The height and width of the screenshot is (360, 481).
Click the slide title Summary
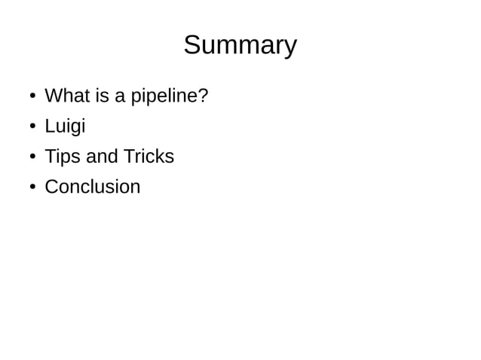(x=240, y=46)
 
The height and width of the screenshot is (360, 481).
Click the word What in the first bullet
(x=63, y=96)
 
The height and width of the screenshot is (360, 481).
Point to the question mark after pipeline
(x=203, y=96)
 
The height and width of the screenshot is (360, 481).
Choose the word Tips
(x=63, y=157)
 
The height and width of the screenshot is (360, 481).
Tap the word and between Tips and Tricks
(x=103, y=157)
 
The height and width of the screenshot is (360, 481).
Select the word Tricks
(x=149, y=157)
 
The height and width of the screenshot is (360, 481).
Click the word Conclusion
(x=93, y=187)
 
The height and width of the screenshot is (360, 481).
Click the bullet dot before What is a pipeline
(x=32, y=97)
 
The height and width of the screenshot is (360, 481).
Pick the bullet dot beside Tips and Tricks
(x=32, y=157)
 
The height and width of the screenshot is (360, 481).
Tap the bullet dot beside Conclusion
(x=32, y=188)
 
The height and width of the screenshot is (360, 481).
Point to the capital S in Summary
(x=192, y=45)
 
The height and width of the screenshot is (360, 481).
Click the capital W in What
(x=54, y=96)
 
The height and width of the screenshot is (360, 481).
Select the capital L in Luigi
(x=50, y=127)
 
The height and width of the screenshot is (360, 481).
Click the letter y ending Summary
(x=290, y=48)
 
